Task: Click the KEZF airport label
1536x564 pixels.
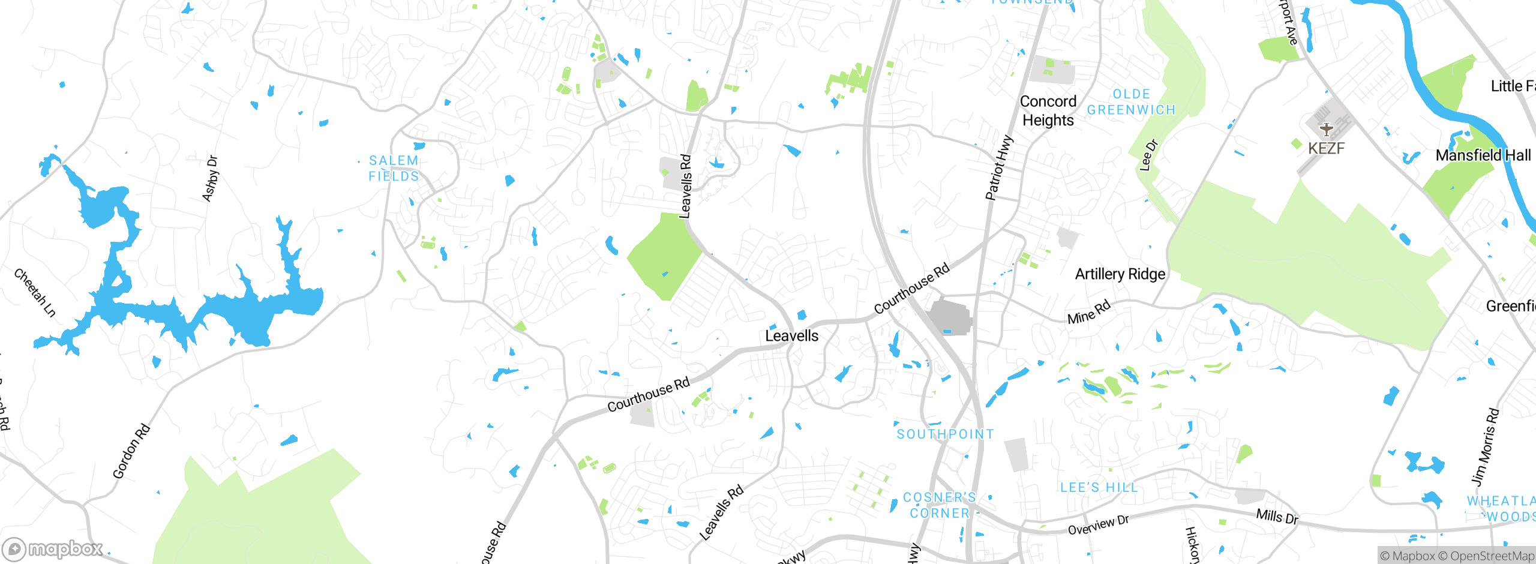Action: click(x=1326, y=148)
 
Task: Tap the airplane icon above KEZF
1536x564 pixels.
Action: click(x=1326, y=128)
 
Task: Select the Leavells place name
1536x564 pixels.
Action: click(x=791, y=336)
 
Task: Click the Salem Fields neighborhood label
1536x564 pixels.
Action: click(x=394, y=169)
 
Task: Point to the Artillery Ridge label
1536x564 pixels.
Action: click(x=1120, y=274)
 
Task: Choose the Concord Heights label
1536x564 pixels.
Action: click(x=1048, y=111)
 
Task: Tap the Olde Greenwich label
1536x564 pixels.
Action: click(x=1131, y=102)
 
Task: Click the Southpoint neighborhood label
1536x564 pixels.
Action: click(x=945, y=434)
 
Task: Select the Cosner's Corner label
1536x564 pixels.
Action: click(x=940, y=505)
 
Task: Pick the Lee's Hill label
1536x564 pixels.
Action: click(x=1099, y=488)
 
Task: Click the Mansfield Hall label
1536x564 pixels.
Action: click(x=1483, y=155)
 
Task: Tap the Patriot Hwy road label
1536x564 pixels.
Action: click(x=999, y=168)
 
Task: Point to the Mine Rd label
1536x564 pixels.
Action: click(x=1088, y=313)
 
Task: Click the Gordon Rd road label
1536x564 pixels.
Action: click(x=131, y=451)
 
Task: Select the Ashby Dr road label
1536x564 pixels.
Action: click(x=210, y=178)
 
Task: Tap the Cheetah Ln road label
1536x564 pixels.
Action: click(x=35, y=292)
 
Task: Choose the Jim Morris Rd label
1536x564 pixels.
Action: click(x=1485, y=447)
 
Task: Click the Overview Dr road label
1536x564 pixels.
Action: click(x=1098, y=525)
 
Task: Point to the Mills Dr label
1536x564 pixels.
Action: click(x=1277, y=516)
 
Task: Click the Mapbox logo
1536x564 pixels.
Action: click(x=53, y=548)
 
